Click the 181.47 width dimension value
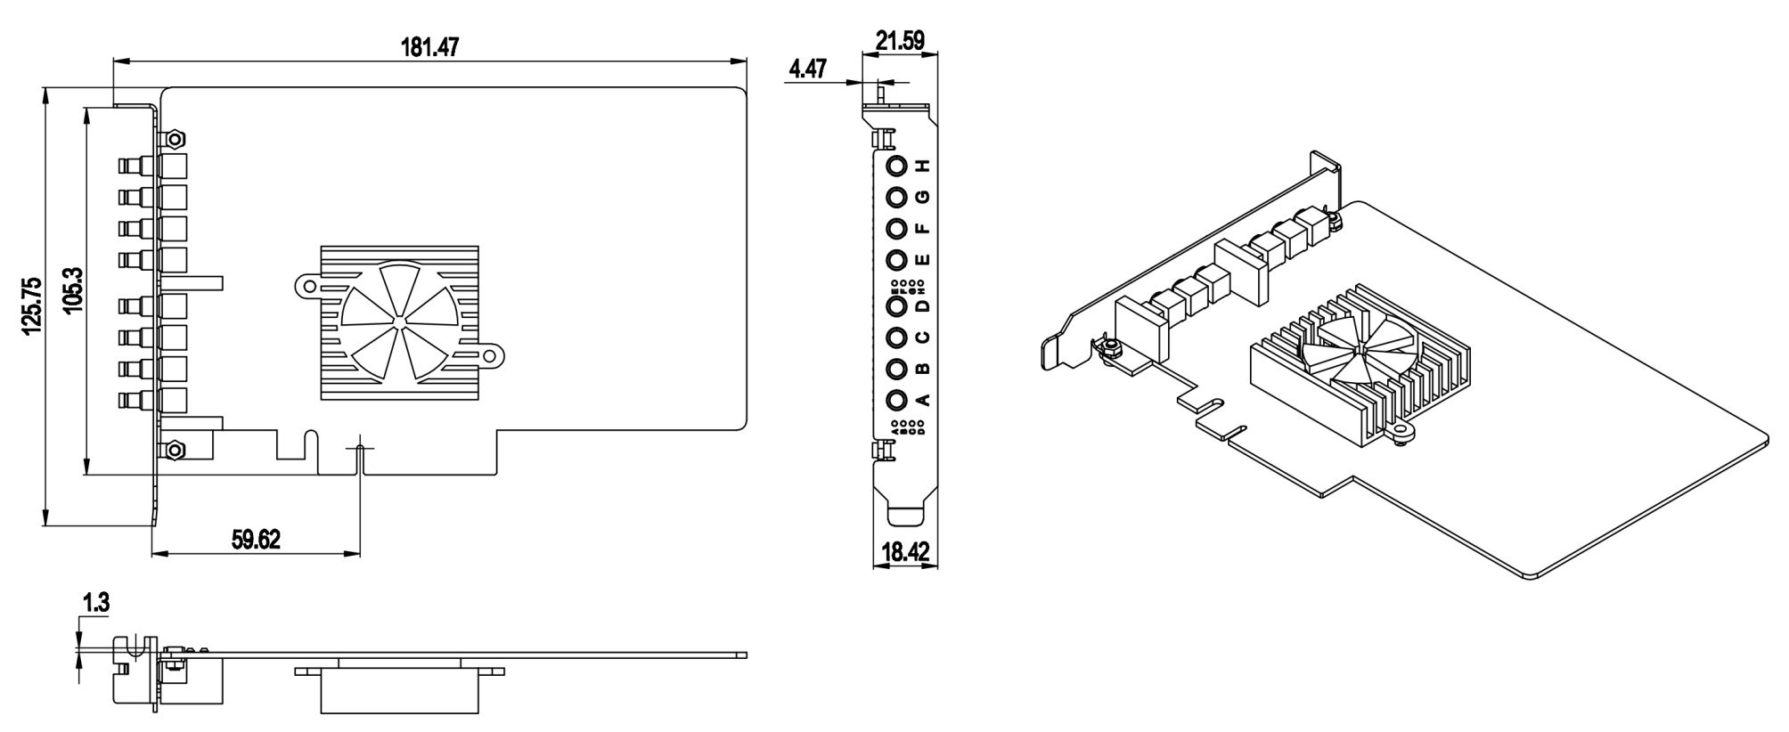[x=429, y=47]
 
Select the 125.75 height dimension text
[x=32, y=305]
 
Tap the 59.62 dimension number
[x=256, y=540]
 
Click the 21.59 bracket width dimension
[x=900, y=40]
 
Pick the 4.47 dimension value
[x=807, y=69]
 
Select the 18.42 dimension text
[x=905, y=552]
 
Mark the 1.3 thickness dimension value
[x=95, y=603]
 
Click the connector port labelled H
[x=896, y=167]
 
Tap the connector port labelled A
[x=896, y=399]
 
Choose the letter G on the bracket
[x=923, y=196]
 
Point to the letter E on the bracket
[x=923, y=259]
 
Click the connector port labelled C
[x=896, y=338]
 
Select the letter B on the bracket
[x=923, y=369]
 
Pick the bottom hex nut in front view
[x=176, y=449]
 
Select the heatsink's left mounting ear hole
[x=307, y=286]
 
